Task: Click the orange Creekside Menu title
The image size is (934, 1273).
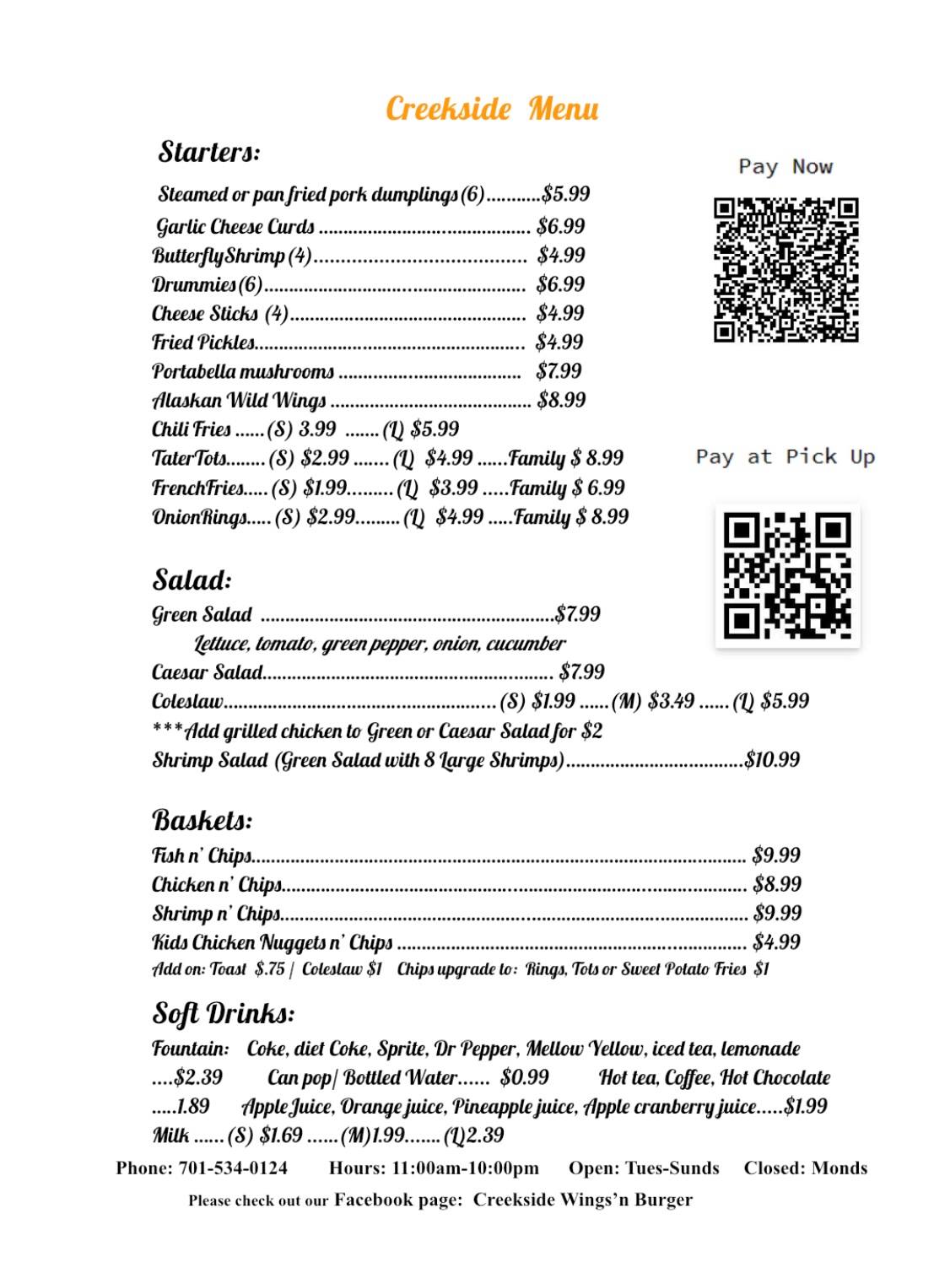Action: tap(492, 109)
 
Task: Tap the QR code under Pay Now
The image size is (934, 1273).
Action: tap(786, 270)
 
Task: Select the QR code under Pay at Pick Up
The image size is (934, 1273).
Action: tap(787, 575)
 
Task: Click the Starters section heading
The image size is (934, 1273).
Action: tap(209, 152)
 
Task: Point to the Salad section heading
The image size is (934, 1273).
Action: tap(192, 580)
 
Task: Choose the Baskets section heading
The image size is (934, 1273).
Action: tap(202, 820)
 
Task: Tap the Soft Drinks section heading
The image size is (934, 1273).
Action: tap(224, 1012)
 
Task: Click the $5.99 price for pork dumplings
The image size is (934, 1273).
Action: tap(566, 194)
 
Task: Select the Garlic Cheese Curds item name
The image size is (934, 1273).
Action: tap(235, 226)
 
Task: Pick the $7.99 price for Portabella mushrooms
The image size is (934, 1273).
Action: tap(559, 371)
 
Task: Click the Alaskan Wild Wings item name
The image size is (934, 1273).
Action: tap(239, 400)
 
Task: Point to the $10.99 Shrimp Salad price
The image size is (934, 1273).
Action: tap(772, 759)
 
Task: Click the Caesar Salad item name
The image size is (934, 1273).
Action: tap(208, 672)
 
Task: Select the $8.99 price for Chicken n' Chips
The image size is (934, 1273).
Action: tap(777, 884)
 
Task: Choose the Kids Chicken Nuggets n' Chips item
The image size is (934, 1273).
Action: tap(273, 942)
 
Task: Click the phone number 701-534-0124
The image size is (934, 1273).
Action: tap(233, 1168)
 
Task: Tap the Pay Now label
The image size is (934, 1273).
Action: tap(786, 166)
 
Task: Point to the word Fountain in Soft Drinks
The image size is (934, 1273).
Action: tap(191, 1049)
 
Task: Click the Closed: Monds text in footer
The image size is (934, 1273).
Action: tap(805, 1168)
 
